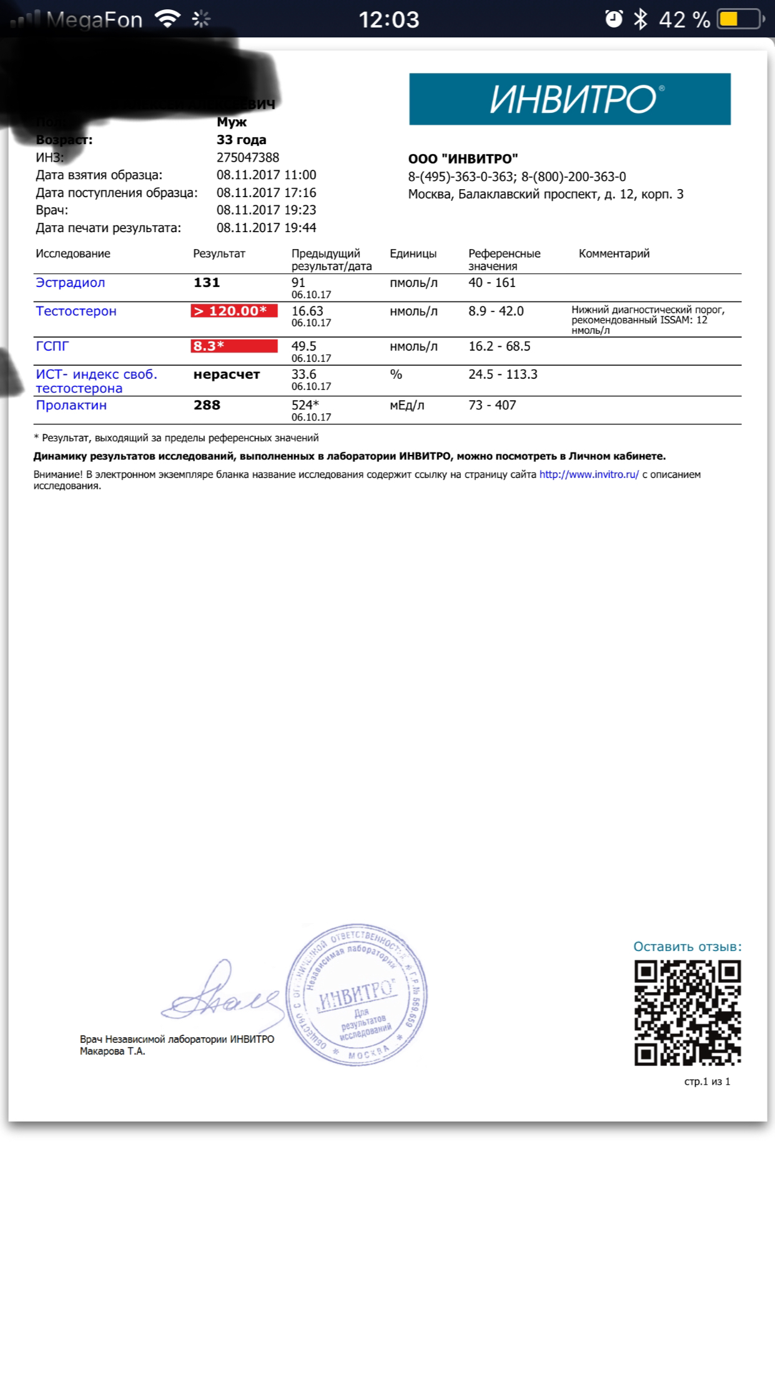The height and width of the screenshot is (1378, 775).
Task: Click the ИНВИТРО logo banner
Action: [570, 99]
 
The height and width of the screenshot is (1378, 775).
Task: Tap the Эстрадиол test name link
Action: [71, 283]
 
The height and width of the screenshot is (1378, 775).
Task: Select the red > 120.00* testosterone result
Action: [234, 311]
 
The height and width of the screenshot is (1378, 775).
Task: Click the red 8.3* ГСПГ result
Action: [234, 346]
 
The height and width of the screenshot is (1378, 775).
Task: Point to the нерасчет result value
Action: [227, 374]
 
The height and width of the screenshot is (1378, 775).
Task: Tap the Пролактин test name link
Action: [71, 405]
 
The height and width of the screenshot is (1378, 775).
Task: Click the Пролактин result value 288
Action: [207, 405]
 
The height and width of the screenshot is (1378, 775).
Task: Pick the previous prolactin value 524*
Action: [305, 405]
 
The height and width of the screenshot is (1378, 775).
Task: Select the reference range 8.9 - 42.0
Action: [496, 311]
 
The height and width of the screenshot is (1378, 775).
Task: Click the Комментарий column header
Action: [614, 253]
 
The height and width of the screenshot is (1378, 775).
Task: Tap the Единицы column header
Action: [413, 253]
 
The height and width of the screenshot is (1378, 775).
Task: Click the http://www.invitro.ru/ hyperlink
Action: [589, 474]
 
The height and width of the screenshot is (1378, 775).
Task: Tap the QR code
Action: [688, 1012]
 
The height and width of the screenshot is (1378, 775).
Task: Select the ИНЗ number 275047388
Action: [248, 157]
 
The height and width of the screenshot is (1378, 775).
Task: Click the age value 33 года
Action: [241, 140]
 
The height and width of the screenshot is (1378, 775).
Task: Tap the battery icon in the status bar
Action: [741, 19]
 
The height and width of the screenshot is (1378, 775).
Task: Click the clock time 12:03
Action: [388, 19]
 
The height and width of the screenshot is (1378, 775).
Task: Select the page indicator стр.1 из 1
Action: [707, 1082]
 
